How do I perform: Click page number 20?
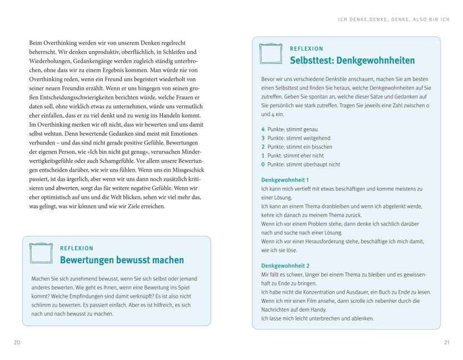(17, 342)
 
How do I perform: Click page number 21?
(446, 342)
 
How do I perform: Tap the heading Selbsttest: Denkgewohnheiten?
(352, 60)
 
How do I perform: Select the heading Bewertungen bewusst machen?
(122, 259)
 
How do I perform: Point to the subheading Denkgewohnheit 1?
(285, 180)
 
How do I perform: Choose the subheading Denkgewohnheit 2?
(285, 266)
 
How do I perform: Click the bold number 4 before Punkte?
(263, 129)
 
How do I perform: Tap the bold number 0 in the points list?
(263, 164)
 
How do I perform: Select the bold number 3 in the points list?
(263, 138)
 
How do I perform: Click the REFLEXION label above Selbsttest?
(306, 48)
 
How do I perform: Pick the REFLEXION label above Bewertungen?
(77, 248)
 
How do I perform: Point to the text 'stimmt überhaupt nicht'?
(320, 164)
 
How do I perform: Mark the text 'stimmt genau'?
(306, 129)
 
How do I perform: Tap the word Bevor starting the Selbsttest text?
(268, 79)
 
